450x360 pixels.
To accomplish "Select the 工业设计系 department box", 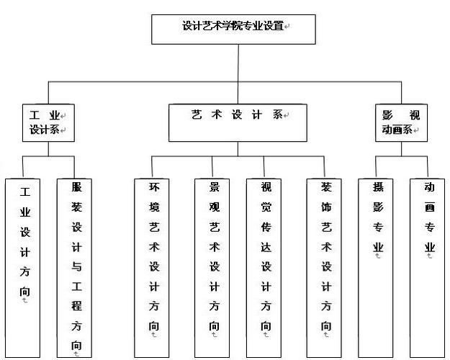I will (x=48, y=122).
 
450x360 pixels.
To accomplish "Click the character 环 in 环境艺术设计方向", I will (x=154, y=187).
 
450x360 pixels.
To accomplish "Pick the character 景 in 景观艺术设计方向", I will (x=214, y=187).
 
